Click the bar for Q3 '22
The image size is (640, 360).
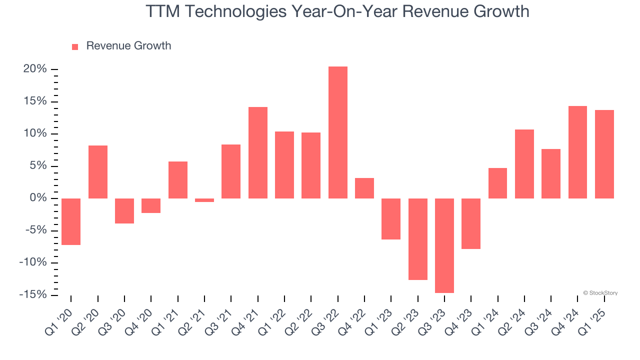(x=337, y=132)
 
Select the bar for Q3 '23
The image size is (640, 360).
(x=444, y=245)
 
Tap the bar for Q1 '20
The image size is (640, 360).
(x=71, y=221)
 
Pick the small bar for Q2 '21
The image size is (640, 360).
(x=204, y=200)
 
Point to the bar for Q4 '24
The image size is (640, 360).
(x=577, y=152)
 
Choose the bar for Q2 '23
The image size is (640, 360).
(x=417, y=239)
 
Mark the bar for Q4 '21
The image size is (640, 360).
(x=258, y=152)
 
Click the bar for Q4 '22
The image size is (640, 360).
(x=364, y=188)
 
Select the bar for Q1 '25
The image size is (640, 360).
(x=604, y=154)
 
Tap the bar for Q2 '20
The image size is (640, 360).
(x=98, y=172)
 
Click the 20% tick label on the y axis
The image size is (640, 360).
(x=35, y=69)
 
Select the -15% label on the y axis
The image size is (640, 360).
(x=33, y=295)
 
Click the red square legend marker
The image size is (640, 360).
(x=75, y=46)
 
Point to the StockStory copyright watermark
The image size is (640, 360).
(x=600, y=293)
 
